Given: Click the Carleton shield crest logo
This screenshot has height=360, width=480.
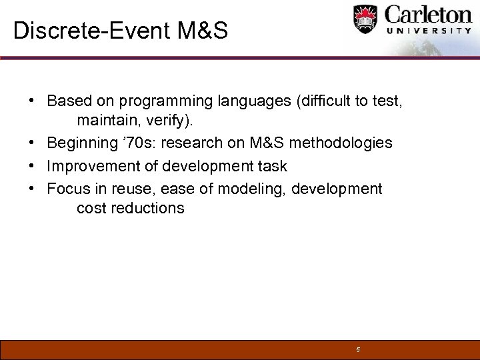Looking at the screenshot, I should coord(365,20).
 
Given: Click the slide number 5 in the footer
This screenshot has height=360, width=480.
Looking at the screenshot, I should coord(358,350).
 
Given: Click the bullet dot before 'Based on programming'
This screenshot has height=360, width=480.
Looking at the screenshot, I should coord(32,101).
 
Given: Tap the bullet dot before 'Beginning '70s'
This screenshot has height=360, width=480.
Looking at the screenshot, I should coord(32,143).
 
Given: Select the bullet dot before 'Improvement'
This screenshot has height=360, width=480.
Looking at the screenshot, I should coord(32,166).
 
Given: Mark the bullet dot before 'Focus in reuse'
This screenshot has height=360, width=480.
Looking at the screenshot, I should coord(32,189).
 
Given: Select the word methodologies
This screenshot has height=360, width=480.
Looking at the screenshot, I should coord(341,143).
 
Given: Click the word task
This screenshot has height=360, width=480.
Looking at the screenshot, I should coord(272,166).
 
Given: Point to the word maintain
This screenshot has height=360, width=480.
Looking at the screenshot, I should coord(105,121).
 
